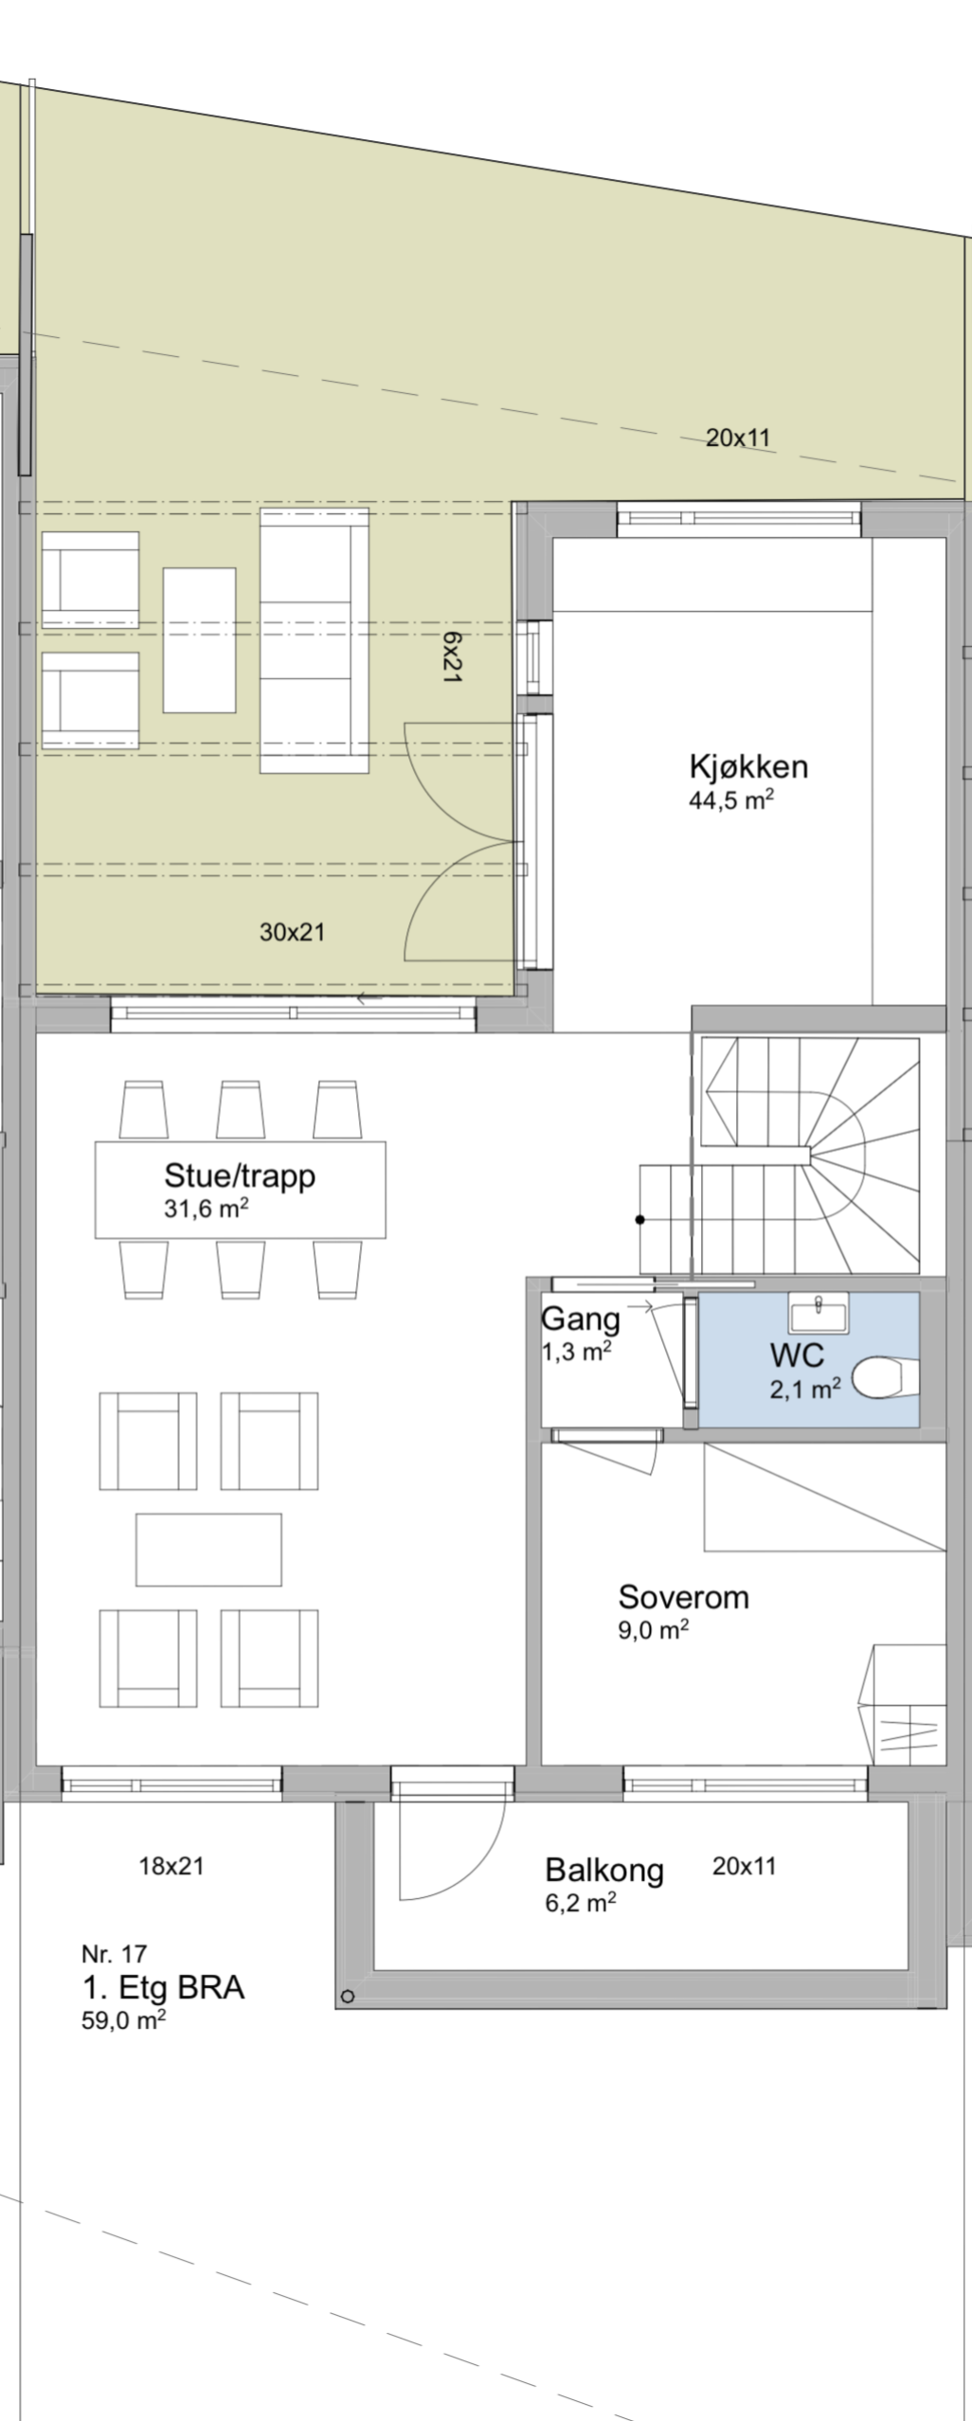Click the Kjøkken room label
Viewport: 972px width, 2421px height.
pyautogui.click(x=748, y=765)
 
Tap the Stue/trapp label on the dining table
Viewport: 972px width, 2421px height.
pyautogui.click(x=240, y=1175)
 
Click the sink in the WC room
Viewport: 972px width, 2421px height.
pyautogui.click(x=819, y=1314)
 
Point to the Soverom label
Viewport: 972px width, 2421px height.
pyautogui.click(x=683, y=1597)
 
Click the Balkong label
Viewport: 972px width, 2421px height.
pyautogui.click(x=603, y=1870)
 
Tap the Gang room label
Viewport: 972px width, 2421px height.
pyautogui.click(x=580, y=1318)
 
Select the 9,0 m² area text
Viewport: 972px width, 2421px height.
pyautogui.click(x=653, y=1630)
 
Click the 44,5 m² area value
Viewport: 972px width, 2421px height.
pyautogui.click(x=730, y=800)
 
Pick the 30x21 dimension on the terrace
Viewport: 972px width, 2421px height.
pyautogui.click(x=292, y=932)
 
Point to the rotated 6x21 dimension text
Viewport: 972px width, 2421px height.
pyautogui.click(x=452, y=659)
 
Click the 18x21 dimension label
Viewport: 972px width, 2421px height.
pyautogui.click(x=171, y=1866)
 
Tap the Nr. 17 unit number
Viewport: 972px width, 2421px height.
pyautogui.click(x=114, y=1953)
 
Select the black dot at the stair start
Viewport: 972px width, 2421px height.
pyautogui.click(x=639, y=1219)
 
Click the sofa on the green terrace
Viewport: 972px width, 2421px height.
pyautogui.click(x=315, y=640)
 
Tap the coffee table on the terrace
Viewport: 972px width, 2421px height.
pyautogui.click(x=199, y=640)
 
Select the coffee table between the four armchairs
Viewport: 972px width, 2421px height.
pyautogui.click(x=208, y=1550)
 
